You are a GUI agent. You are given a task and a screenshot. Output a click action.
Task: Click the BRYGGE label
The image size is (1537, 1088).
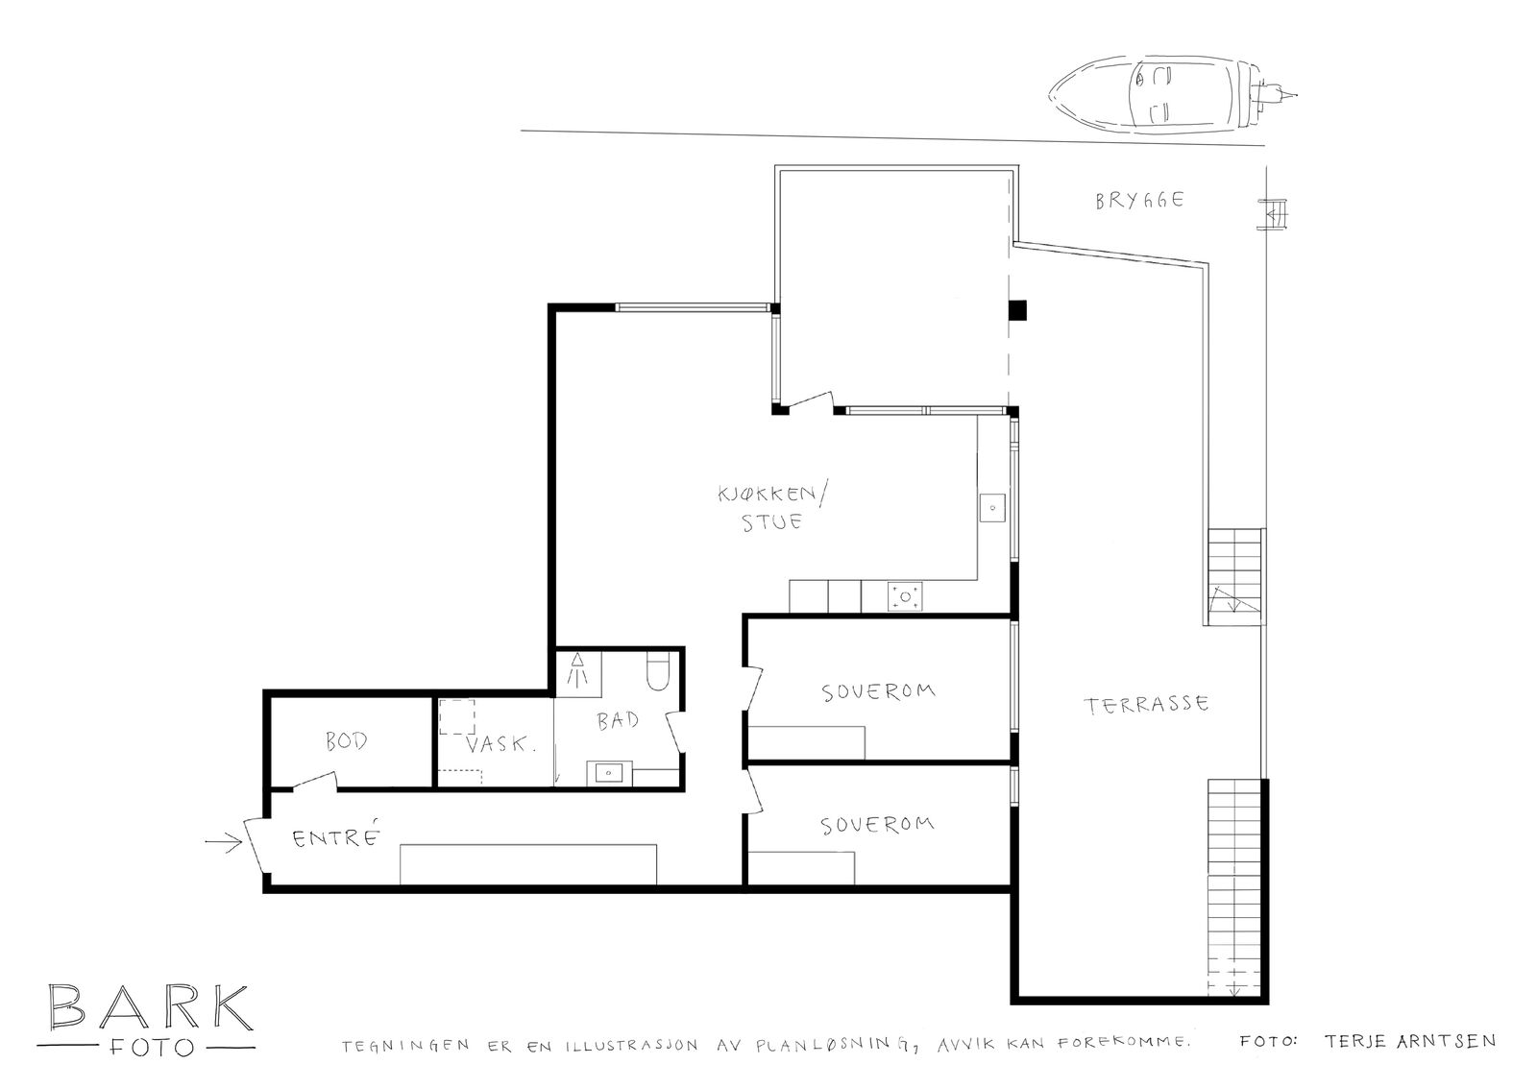1139,201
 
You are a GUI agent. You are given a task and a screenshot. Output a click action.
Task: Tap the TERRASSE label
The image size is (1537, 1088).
1146,705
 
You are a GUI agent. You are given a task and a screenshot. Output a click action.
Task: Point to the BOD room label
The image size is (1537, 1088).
347,741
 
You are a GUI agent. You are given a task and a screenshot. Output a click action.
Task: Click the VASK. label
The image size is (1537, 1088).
500,744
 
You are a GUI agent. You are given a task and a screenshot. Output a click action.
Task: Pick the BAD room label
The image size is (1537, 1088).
618,720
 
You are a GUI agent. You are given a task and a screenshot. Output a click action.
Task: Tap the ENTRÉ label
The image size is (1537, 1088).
336,837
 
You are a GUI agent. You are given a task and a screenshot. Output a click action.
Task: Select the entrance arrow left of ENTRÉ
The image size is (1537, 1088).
224,842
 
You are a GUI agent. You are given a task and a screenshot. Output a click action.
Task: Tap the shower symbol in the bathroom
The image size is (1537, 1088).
577,670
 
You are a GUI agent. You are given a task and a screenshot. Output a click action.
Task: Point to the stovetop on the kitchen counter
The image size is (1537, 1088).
905,597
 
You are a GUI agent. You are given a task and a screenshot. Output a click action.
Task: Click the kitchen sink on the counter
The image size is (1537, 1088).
992,508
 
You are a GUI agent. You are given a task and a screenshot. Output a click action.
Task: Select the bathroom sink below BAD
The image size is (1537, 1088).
609,773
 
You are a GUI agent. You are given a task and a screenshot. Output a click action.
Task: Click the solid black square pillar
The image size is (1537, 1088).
1017,311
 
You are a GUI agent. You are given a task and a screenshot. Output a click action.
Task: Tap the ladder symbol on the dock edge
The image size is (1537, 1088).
1273,214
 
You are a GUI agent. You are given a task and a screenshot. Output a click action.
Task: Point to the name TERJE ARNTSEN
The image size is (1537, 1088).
1410,1041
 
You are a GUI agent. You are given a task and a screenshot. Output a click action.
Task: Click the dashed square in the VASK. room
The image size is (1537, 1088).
457,717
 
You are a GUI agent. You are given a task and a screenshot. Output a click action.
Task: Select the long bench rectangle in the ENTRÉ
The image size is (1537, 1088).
528,864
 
